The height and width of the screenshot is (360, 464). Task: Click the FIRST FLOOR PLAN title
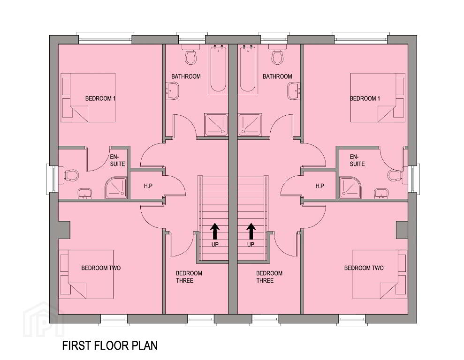[x=110, y=345]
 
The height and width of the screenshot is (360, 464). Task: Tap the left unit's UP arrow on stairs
[x=215, y=232]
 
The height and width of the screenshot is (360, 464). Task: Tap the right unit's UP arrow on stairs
[x=251, y=232]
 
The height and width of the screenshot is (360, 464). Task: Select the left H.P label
[x=148, y=186]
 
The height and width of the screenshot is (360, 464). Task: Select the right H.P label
[x=319, y=186]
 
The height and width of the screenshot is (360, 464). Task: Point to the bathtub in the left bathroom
[x=219, y=68]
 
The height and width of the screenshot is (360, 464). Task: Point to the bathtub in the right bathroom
[x=248, y=68]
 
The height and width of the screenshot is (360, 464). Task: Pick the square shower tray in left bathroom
[x=216, y=125]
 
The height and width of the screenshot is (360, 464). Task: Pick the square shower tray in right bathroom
[x=250, y=125]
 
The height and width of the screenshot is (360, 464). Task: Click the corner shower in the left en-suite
[x=116, y=187]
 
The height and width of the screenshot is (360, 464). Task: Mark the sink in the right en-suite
[x=381, y=194]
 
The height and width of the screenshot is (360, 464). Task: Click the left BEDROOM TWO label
[x=101, y=268]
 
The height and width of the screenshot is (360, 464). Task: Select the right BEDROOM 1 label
[x=365, y=98]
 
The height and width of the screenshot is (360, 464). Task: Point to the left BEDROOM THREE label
[x=189, y=277]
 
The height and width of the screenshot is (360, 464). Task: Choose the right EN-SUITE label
[x=357, y=160]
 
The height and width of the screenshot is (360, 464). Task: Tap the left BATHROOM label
[x=186, y=76]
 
